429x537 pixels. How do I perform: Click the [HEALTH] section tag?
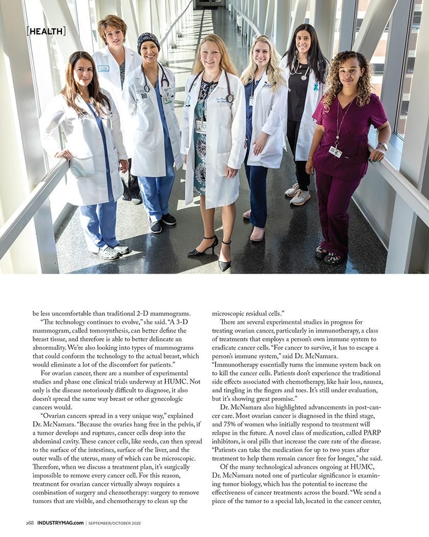tap(46, 31)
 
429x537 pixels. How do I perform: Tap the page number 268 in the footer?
tap(30, 523)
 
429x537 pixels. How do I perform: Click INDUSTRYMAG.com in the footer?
tap(60, 523)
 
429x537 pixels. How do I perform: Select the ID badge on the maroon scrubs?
tap(335, 151)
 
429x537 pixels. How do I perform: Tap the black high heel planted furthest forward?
tap(224, 263)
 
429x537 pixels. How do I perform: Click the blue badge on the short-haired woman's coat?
tap(103, 68)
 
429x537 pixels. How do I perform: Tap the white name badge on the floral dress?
tap(201, 126)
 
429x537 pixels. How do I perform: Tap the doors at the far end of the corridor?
tap(210, 3)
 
